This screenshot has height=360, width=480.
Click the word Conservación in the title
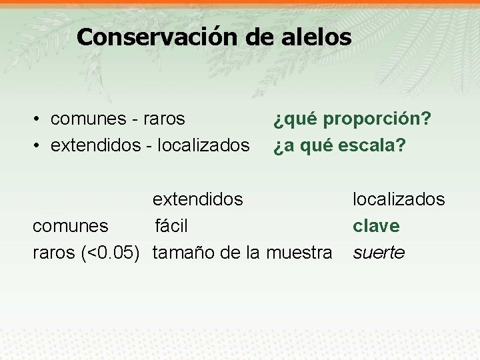157,37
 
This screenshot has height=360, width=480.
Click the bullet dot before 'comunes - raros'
38,119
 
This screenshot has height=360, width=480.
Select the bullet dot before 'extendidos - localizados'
38,145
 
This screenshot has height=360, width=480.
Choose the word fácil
171,226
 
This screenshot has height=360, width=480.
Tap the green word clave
376,226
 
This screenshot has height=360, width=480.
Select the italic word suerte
379,253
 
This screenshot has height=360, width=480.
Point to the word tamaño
178,253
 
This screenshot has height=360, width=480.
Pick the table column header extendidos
198,199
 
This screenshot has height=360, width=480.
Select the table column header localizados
399,199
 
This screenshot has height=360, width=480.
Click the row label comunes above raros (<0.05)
70,226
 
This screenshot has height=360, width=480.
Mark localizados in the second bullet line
204,145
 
